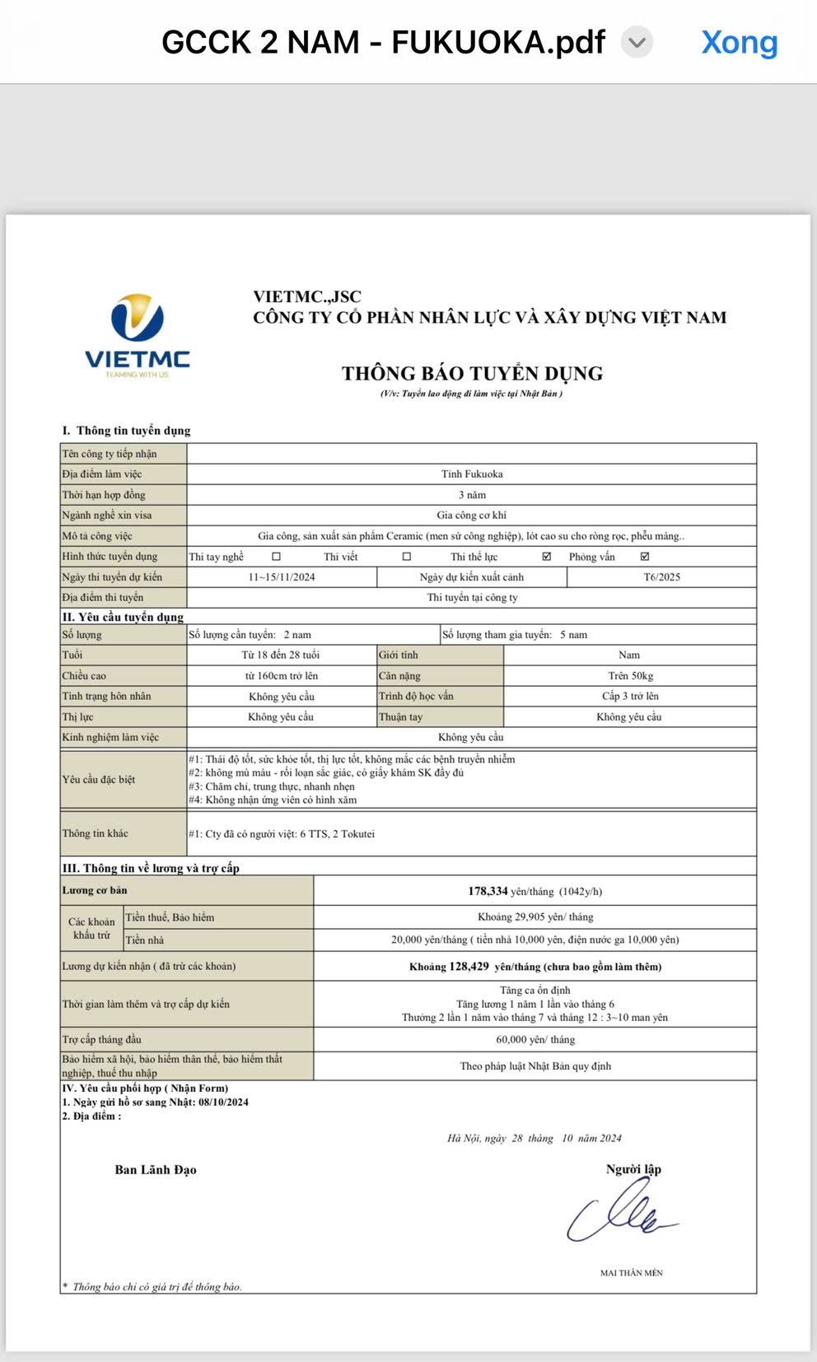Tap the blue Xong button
pos(739,42)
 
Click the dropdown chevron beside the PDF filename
pos(637,42)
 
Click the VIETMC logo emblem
pos(138,319)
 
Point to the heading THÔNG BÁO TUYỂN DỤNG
pos(472,374)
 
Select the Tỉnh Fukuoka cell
pos(472,474)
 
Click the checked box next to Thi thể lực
pos(547,557)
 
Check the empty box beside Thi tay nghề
pos(277,557)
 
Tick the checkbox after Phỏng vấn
pos(645,557)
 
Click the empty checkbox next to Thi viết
pos(407,557)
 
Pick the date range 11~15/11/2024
pos(282,577)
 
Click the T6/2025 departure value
pos(661,577)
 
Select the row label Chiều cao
pos(84,676)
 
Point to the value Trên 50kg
pos(630,676)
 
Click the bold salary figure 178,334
pos(488,891)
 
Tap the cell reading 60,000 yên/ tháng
pos(535,1040)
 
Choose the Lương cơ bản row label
pos(95,890)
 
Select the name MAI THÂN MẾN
pos(631,1273)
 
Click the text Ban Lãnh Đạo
pos(156,1170)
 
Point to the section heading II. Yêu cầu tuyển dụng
pos(124,617)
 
